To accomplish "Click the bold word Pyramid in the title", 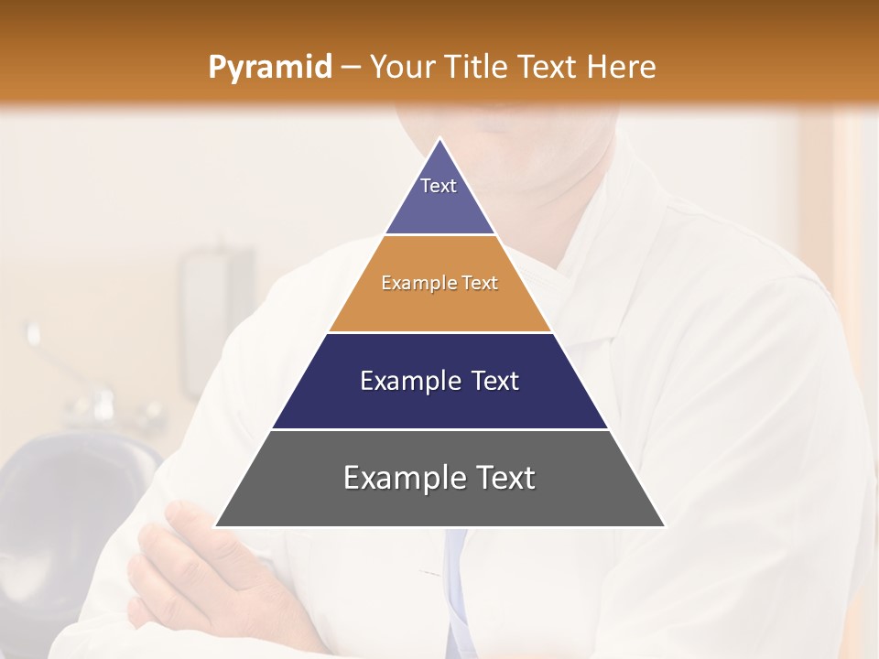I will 269,68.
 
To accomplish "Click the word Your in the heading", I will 402,67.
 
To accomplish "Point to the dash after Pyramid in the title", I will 350,68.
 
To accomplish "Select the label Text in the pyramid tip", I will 439,186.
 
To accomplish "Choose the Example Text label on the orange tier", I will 439,283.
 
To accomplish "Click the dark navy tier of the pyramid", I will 440,403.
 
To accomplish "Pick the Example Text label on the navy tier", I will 439,381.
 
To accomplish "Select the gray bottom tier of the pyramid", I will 440,503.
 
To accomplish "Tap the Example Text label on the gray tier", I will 439,478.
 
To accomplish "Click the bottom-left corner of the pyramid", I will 217,526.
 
